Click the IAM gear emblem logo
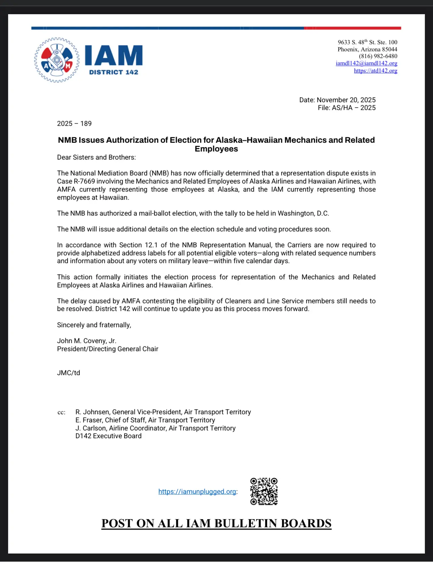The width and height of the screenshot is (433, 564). click(x=57, y=60)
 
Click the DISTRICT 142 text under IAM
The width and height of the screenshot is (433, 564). click(x=114, y=72)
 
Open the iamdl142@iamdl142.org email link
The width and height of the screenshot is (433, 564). click(x=366, y=63)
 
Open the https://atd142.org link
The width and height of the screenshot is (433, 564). click(x=375, y=71)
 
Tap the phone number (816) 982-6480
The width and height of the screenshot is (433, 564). click(x=378, y=56)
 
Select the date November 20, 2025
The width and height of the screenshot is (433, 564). click(x=346, y=100)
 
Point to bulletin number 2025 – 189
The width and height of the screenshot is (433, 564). click(x=74, y=124)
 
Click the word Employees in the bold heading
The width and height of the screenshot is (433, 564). click(x=216, y=149)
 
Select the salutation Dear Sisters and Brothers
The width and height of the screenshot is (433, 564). click(x=96, y=158)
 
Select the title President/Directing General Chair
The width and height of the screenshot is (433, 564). click(x=108, y=349)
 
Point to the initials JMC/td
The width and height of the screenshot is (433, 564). click(x=68, y=373)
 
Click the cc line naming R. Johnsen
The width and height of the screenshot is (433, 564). click(x=163, y=412)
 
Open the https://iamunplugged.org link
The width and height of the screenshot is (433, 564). click(x=197, y=492)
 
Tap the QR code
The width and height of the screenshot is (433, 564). click(x=264, y=491)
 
